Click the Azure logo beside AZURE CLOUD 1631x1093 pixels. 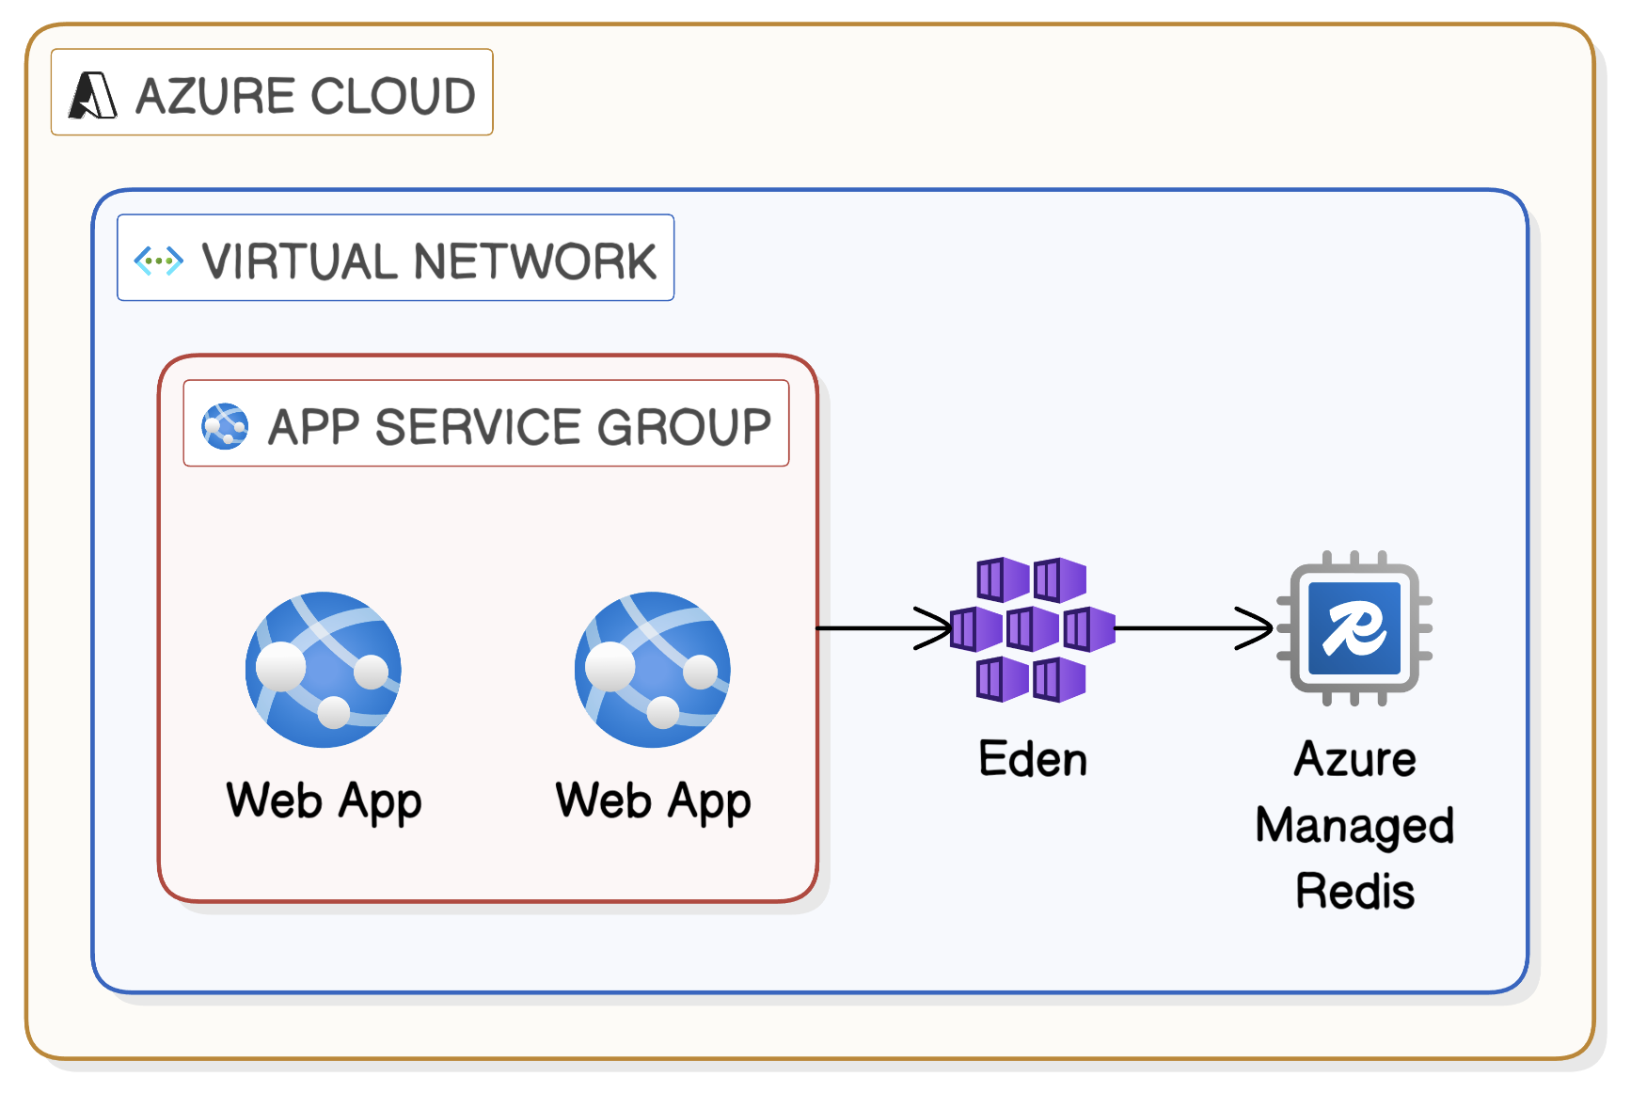pos(93,95)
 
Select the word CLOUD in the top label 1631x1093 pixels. pos(393,96)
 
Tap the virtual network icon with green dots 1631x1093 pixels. pos(158,261)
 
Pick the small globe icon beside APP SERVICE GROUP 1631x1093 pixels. pos(225,426)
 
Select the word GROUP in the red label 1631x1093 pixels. pos(684,427)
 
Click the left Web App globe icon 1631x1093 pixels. pos(324,669)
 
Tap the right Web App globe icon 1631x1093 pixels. pos(653,669)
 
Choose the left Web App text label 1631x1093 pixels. pos(324,801)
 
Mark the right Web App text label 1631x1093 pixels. pos(653,801)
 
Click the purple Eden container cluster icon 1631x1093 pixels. pos(1032,628)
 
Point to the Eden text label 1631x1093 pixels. pos(1033,759)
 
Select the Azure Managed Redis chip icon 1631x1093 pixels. pos(1354,628)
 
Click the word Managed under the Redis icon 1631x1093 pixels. pos(1354,826)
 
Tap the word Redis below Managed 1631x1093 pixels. pos(1354,891)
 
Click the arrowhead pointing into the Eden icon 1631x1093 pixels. pos(936,628)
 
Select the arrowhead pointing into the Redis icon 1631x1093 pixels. pos(1257,628)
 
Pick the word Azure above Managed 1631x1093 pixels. pos(1354,759)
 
